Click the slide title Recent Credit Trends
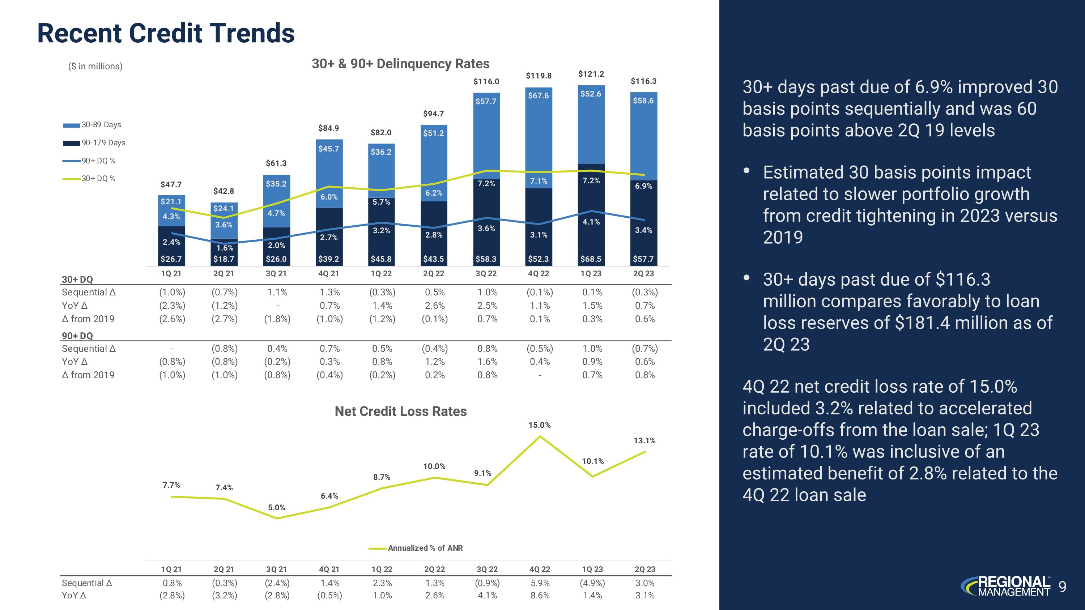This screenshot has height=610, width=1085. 166,33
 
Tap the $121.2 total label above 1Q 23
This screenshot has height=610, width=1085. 591,74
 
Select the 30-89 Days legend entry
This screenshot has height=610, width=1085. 101,125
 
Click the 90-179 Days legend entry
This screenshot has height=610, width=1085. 103,143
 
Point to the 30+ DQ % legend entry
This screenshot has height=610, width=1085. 98,179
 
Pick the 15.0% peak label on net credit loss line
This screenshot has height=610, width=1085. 540,425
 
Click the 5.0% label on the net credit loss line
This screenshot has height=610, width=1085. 277,508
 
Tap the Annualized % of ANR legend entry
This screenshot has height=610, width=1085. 425,548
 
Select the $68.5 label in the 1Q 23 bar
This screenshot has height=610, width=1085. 591,259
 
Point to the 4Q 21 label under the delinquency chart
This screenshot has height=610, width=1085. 328,274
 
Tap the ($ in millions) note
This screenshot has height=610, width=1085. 95,67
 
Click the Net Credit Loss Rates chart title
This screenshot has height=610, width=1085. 401,411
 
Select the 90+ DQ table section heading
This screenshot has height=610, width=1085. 77,336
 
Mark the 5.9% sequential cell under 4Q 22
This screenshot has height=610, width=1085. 540,583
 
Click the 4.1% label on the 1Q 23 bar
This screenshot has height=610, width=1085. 591,222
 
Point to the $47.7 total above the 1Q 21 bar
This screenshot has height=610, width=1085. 171,185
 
